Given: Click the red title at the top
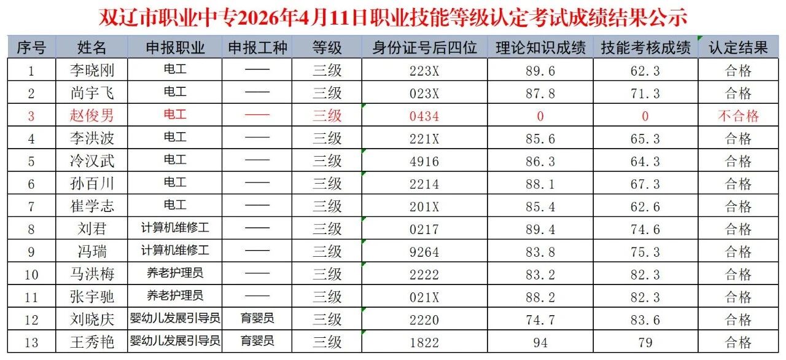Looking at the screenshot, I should pyautogui.click(x=392, y=17).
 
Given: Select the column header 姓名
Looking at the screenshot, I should pyautogui.click(x=92, y=47).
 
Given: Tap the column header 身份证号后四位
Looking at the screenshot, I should pyautogui.click(x=424, y=47).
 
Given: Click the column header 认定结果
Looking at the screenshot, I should pyautogui.click(x=738, y=47).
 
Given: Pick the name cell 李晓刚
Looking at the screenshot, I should pyautogui.click(x=92, y=71).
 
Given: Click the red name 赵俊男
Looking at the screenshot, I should pyautogui.click(x=92, y=115).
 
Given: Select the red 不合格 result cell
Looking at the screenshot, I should pyautogui.click(x=738, y=115).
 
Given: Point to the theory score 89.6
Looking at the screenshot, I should pyautogui.click(x=540, y=71).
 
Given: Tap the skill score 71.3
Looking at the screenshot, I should pyautogui.click(x=645, y=93).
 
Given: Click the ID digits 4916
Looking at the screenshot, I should pyautogui.click(x=424, y=161).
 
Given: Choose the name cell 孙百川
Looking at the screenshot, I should pyautogui.click(x=92, y=184).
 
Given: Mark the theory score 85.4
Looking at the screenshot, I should pyautogui.click(x=540, y=206).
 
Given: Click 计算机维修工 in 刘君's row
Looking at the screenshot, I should pyautogui.click(x=175, y=229).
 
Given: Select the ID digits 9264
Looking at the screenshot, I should pyautogui.click(x=424, y=252).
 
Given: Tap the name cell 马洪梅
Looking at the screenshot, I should pyautogui.click(x=92, y=274).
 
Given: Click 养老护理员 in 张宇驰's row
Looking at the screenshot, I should pyautogui.click(x=175, y=296).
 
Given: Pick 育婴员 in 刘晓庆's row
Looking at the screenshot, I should pyautogui.click(x=257, y=319).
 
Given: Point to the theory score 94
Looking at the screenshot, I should pyautogui.click(x=540, y=342).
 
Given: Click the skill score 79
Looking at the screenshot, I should pyautogui.click(x=645, y=342).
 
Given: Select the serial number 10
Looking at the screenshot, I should pyautogui.click(x=31, y=274).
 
